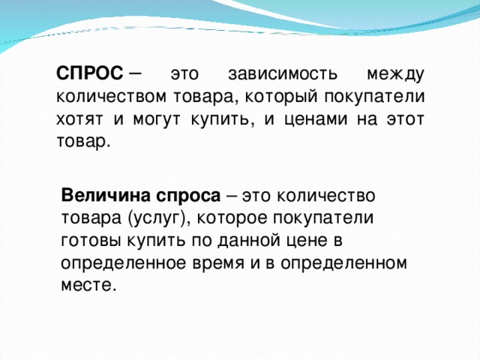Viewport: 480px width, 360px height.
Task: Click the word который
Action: point(270,97)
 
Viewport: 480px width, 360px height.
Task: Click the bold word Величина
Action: point(106,195)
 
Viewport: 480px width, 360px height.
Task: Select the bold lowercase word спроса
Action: point(188,195)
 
